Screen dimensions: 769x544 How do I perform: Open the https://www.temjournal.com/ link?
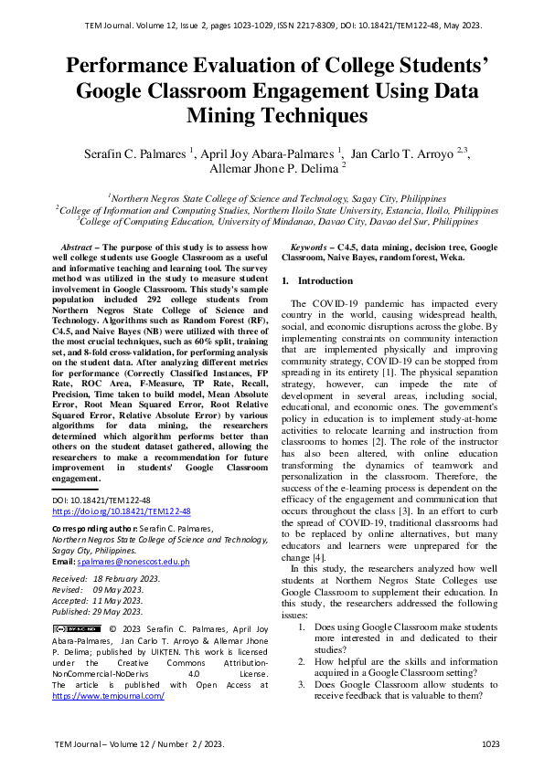coord(108,695)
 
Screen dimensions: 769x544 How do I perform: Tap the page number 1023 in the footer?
coord(491,745)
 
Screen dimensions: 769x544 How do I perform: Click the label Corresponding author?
coord(83,528)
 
